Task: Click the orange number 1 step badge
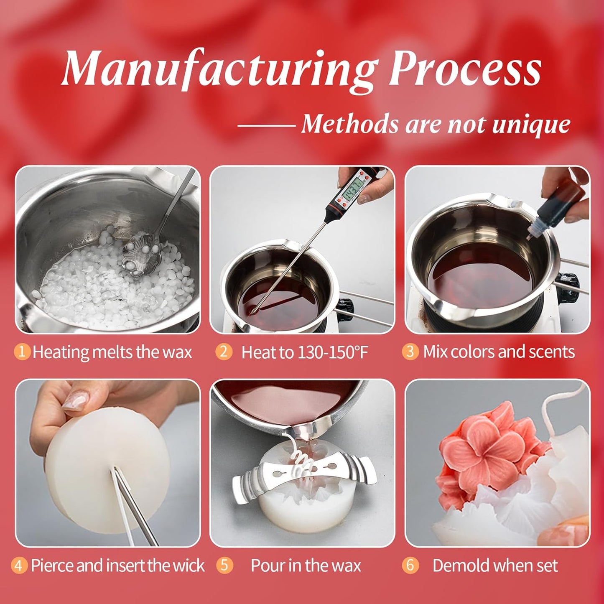click(22, 352)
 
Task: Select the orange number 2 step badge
click(224, 352)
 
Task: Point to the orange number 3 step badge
click(410, 352)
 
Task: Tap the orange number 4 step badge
click(18, 565)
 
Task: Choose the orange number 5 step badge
click(224, 565)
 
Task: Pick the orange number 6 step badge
click(410, 565)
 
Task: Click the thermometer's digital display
click(353, 188)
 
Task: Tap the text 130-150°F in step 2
click(333, 352)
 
